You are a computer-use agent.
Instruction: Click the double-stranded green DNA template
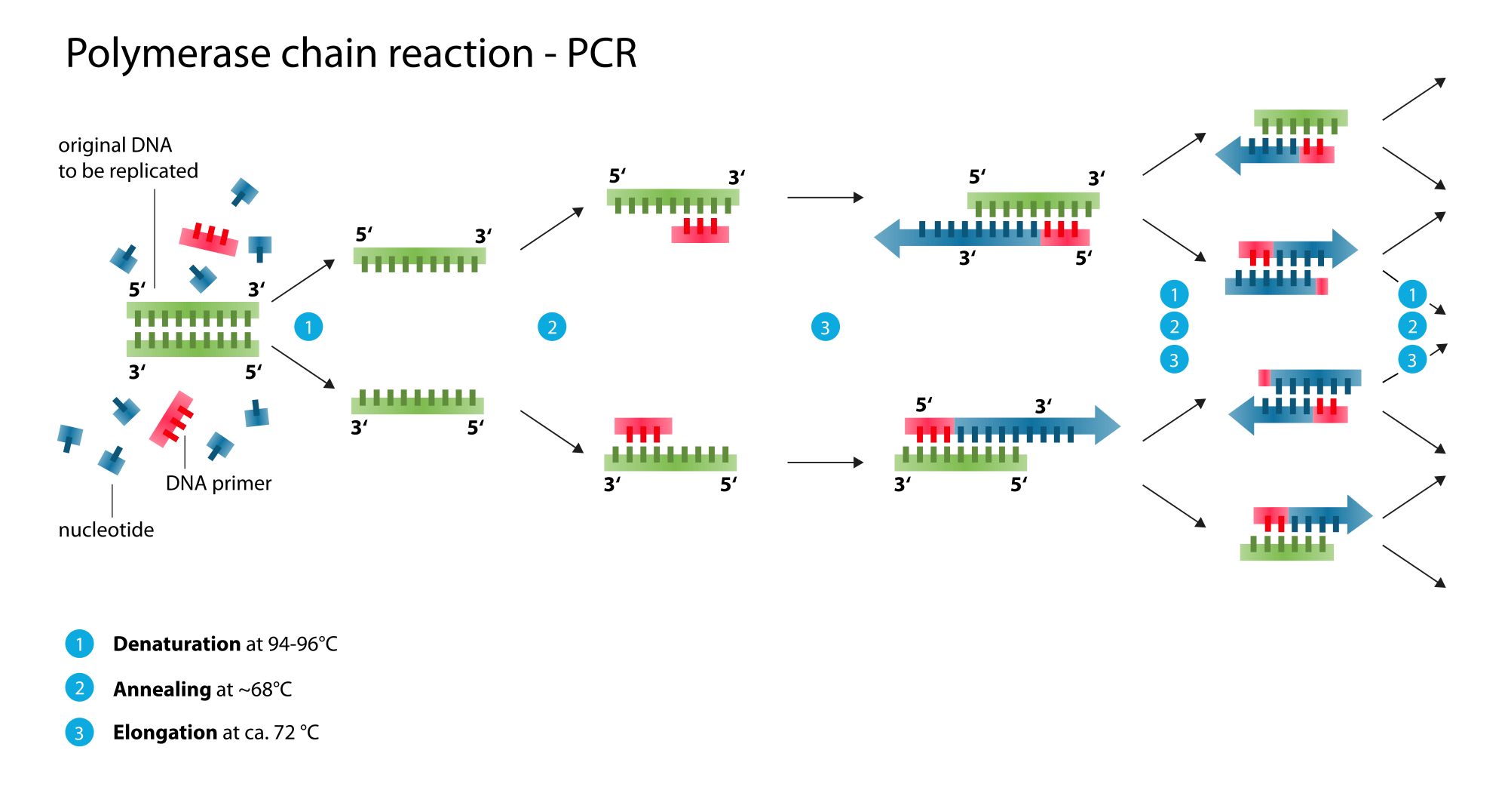coord(192,330)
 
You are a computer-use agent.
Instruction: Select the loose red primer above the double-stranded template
coord(208,240)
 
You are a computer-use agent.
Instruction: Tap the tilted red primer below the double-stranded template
coord(172,420)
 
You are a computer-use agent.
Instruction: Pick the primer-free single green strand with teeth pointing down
coord(419,257)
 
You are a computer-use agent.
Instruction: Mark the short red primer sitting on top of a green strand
coord(643,427)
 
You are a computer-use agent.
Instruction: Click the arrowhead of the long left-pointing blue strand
coord(888,238)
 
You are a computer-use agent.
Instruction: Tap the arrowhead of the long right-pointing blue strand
coord(1107,426)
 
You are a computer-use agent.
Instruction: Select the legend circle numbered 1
coord(79,644)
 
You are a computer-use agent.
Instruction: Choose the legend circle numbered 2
coord(79,687)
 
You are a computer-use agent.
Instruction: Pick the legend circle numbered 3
coord(79,733)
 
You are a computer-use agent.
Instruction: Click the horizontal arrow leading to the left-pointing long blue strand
coord(825,197)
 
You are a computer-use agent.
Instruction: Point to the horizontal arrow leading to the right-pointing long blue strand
coord(825,462)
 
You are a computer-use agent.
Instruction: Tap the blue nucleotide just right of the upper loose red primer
coord(260,247)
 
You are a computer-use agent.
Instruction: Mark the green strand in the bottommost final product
coord(1286,552)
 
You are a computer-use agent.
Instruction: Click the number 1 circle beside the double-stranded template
coord(308,327)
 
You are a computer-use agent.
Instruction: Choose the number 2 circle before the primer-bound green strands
coord(552,327)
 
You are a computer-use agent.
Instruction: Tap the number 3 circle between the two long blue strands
coord(825,327)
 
